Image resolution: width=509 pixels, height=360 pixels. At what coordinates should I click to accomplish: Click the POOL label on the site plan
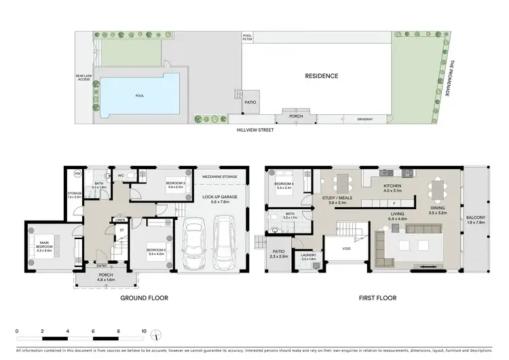coord(139,96)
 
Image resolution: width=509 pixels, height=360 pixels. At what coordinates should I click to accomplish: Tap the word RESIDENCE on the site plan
coord(321,76)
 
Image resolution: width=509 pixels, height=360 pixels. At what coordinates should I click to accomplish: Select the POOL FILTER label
coord(247,37)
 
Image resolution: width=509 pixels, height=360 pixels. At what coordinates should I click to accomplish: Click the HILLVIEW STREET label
coord(255,129)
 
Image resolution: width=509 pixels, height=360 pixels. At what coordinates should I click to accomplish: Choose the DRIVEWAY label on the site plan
coord(366,119)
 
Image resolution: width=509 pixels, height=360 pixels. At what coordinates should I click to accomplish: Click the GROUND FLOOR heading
coord(144,298)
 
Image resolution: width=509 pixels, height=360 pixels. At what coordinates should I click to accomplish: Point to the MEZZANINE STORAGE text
coord(220,177)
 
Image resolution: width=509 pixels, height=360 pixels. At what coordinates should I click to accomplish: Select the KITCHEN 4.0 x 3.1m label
coord(393,187)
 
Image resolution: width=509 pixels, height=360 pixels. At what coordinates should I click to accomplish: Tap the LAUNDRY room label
coord(309,257)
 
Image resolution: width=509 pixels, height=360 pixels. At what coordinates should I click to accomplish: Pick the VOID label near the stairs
coord(346,249)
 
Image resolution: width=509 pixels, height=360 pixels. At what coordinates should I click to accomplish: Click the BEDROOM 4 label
coord(284,184)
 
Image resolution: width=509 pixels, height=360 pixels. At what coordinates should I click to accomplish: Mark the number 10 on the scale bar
coord(144,332)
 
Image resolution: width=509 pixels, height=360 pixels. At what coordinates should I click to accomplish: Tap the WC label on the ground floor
coord(120,176)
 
